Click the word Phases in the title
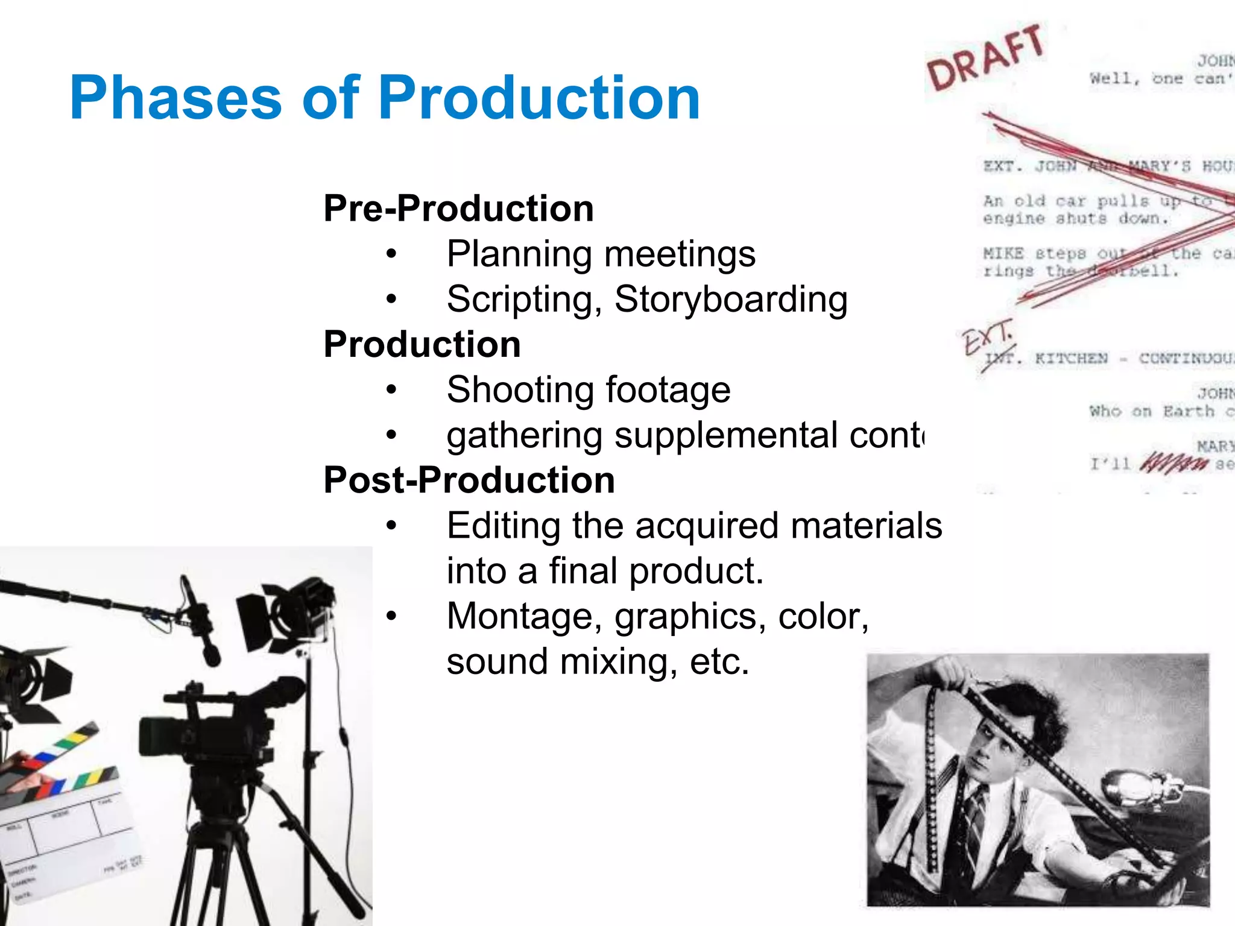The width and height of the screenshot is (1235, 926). (175, 98)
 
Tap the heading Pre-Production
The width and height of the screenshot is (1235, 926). (458, 209)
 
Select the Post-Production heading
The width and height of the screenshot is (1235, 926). (469, 480)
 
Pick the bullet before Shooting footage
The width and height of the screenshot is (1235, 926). (392, 390)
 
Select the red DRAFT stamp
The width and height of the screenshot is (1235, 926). (985, 58)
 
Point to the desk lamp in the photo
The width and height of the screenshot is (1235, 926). (1134, 790)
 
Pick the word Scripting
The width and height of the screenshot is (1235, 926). (524, 300)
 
